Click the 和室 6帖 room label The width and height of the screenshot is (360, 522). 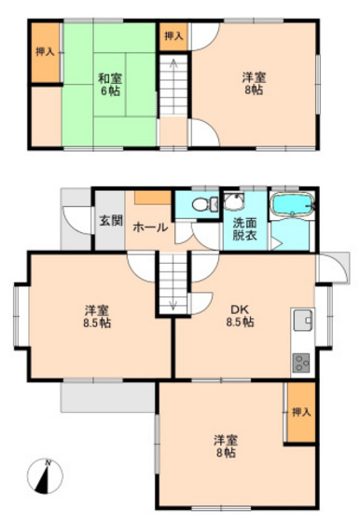[x=110, y=85]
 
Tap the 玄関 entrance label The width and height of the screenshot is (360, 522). [x=111, y=220]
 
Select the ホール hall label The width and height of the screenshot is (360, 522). [x=150, y=227]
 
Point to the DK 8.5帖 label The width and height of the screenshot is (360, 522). [x=240, y=316]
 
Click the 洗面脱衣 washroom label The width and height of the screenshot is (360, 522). [x=244, y=229]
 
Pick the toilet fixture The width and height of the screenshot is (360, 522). [x=204, y=204]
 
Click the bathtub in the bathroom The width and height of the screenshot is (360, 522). [x=293, y=204]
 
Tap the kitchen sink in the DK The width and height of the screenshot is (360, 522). [x=303, y=320]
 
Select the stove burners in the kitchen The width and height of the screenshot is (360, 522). [x=301, y=363]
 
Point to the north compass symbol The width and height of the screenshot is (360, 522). [x=45, y=475]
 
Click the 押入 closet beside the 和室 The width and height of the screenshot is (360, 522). [x=46, y=52]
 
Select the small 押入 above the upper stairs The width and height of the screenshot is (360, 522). [x=173, y=36]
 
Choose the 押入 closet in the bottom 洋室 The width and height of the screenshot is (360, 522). [x=301, y=412]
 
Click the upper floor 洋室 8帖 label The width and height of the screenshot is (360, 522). [x=254, y=84]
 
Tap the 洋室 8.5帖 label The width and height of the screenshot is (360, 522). [x=97, y=317]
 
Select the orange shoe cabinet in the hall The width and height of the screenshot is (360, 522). [x=153, y=198]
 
